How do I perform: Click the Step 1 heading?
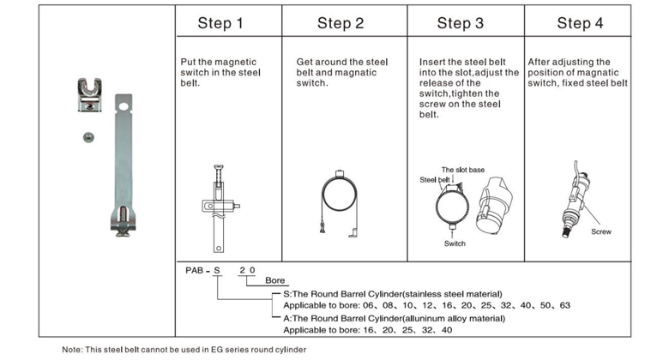(x=220, y=23)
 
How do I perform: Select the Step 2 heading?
(x=341, y=23)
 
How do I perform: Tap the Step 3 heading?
(x=461, y=23)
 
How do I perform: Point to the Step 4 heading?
(x=581, y=23)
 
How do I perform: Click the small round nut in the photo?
(x=88, y=137)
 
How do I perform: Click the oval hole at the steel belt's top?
(x=124, y=105)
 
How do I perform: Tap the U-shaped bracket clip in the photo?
(x=89, y=94)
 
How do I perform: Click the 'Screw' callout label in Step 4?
(x=601, y=231)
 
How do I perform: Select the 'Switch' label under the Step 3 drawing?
(x=455, y=243)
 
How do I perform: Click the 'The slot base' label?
(x=463, y=170)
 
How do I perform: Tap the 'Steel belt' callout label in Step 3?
(x=435, y=180)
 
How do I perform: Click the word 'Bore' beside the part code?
(x=274, y=280)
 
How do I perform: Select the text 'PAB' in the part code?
(x=194, y=270)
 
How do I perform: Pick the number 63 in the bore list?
(x=565, y=305)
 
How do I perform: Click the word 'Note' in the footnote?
(x=71, y=350)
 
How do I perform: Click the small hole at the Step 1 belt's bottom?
(x=219, y=248)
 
